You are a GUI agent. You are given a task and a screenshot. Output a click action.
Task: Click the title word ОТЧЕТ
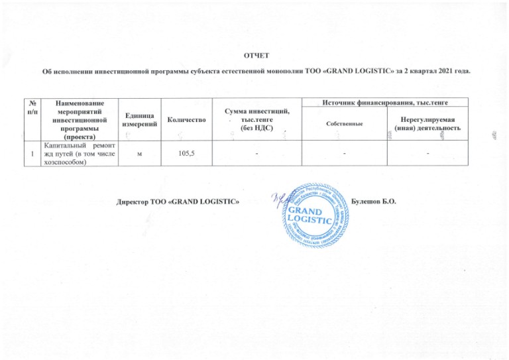click(254, 54)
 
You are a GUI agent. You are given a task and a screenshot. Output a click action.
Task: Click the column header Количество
click(186, 119)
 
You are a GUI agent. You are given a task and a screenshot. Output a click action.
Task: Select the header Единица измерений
click(140, 119)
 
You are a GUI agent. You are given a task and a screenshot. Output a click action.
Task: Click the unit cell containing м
click(139, 153)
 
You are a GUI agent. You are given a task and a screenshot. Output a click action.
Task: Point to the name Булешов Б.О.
click(375, 200)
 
